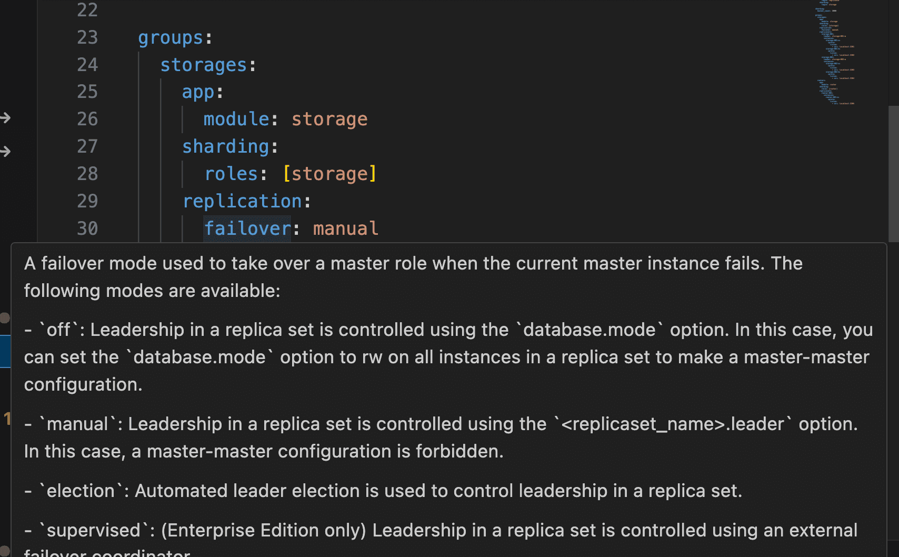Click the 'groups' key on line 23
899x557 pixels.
click(171, 38)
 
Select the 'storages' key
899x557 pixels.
click(203, 65)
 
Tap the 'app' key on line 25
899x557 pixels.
click(198, 93)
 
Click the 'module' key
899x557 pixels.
click(236, 120)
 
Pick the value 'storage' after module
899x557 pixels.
click(329, 120)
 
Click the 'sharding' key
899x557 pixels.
click(225, 147)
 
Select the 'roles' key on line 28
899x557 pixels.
click(231, 174)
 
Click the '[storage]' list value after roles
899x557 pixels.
click(329, 174)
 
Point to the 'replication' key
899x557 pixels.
click(242, 202)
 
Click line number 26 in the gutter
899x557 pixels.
click(87, 120)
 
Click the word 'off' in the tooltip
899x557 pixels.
click(58, 330)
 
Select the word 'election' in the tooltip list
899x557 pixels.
click(81, 491)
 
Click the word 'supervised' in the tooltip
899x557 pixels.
click(93, 531)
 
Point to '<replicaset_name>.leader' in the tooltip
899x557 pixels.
click(672, 424)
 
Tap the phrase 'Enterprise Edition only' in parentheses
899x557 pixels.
click(263, 531)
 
